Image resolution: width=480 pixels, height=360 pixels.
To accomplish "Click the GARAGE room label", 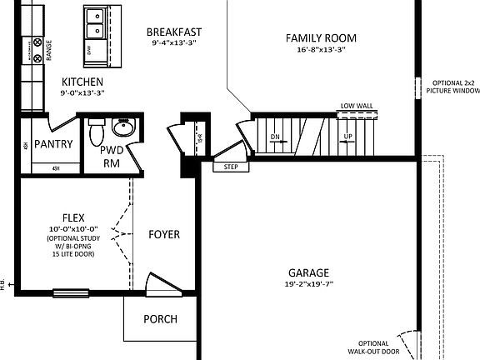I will click(308, 272).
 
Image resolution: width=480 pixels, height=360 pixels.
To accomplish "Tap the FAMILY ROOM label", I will click(321, 38).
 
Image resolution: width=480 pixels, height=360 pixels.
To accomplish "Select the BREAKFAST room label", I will click(173, 32).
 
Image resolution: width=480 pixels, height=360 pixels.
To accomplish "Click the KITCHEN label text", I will click(82, 82).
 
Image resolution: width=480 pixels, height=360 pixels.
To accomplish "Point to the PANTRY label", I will click(53, 143).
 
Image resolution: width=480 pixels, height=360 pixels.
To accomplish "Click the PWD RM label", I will click(112, 157).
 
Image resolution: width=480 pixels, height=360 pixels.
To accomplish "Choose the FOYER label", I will click(164, 234).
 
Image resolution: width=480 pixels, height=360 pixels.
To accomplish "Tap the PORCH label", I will click(160, 319).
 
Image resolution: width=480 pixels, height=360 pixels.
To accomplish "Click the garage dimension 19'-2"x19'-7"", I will click(308, 284).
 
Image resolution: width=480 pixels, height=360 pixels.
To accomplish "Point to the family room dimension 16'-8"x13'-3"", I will click(321, 50).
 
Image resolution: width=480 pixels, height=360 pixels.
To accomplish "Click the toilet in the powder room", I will click(95, 131).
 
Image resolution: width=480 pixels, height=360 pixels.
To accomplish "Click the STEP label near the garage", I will click(231, 167).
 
